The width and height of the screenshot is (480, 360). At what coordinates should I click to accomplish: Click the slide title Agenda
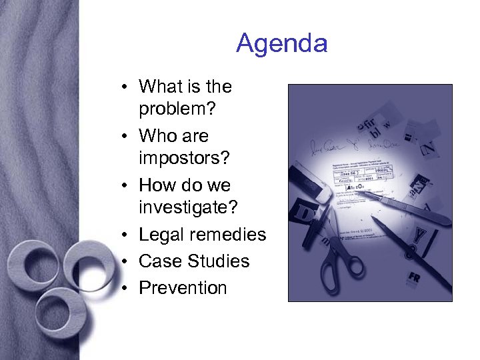pos(281,44)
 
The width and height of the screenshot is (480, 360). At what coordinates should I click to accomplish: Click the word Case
pos(160,261)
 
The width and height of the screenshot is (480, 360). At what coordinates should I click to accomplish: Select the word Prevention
pos(183,287)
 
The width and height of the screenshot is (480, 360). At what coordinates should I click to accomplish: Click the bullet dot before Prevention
pos(125,288)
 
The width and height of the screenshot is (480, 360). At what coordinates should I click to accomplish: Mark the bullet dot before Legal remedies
pos(125,235)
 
